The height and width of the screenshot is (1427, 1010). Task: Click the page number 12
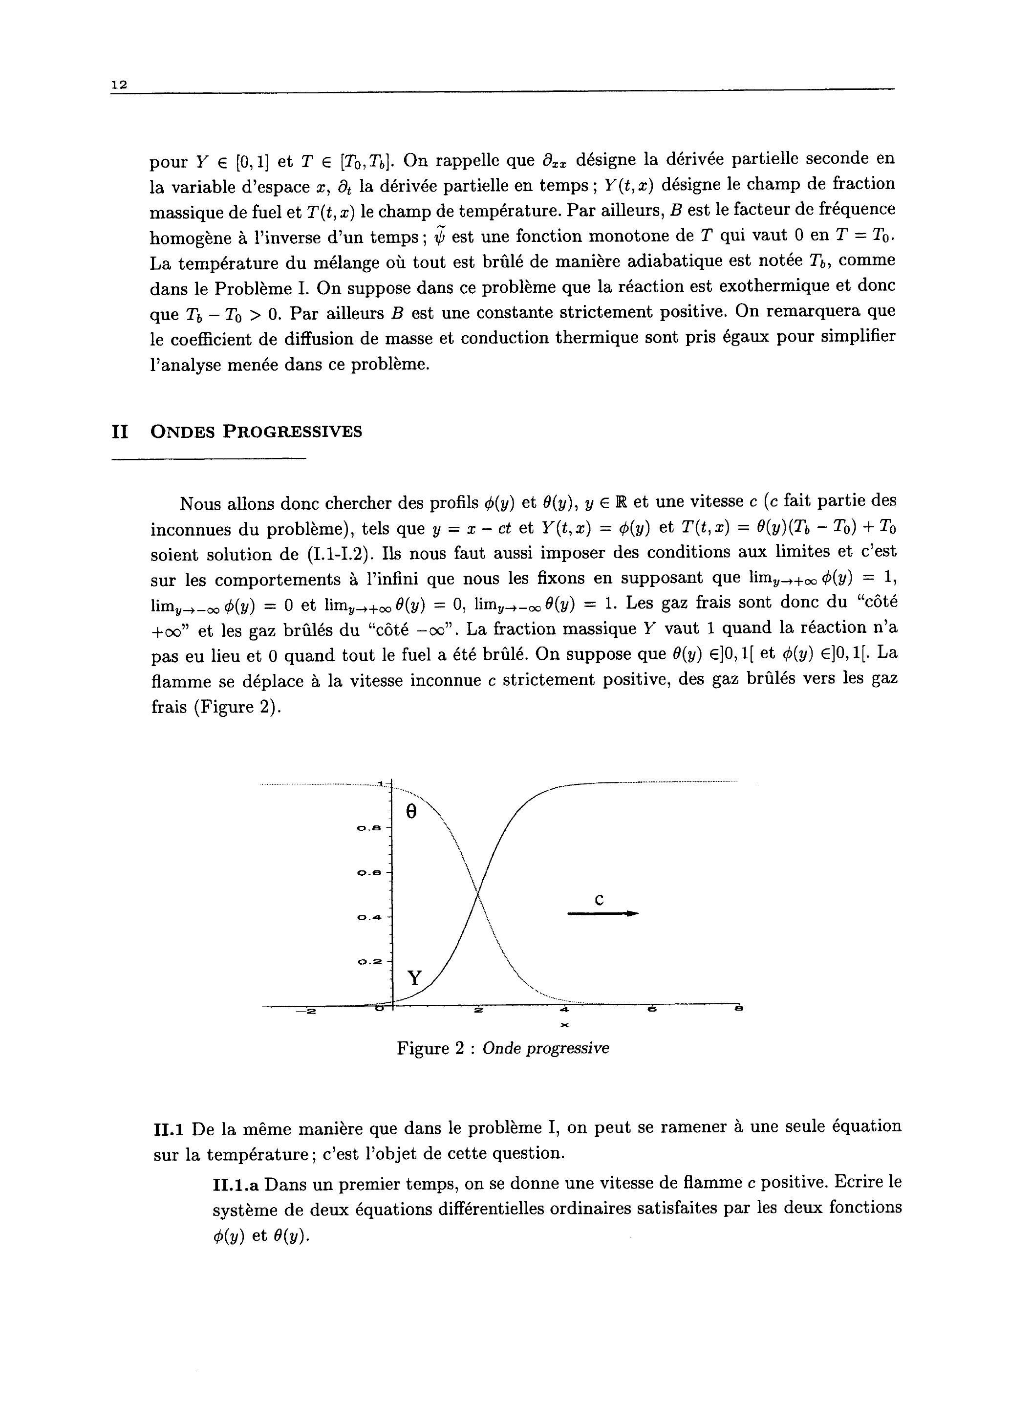tap(119, 85)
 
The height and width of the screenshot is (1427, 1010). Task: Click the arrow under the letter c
tap(602, 914)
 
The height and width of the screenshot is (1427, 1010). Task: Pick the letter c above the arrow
tap(600, 900)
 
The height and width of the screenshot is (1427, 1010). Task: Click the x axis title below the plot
tap(565, 1024)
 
